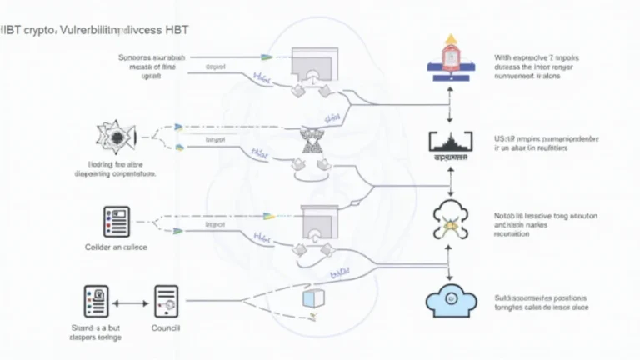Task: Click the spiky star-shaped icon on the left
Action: [113, 139]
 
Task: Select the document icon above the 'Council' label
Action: [167, 303]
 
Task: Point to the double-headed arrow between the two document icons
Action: [131, 304]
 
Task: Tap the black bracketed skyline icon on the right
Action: [449, 144]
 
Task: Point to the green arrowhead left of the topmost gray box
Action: [267, 57]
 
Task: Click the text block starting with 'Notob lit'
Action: [532, 223]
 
